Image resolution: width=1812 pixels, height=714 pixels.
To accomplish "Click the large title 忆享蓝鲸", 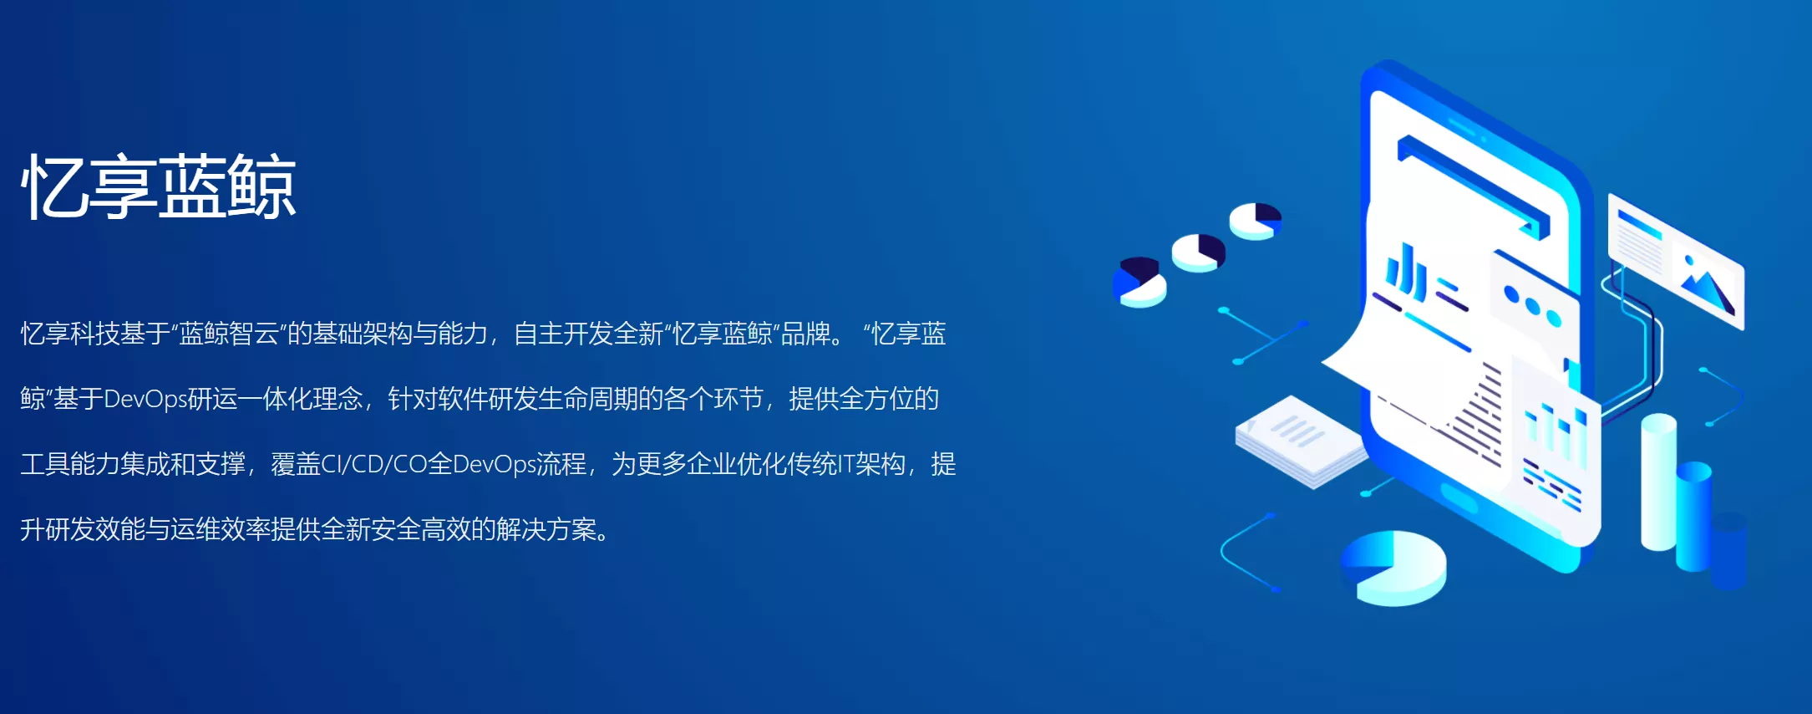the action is pyautogui.click(x=159, y=186).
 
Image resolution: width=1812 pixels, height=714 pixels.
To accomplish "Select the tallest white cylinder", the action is pyautogui.click(x=1658, y=482).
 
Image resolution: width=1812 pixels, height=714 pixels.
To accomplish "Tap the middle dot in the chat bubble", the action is pyautogui.click(x=1532, y=305).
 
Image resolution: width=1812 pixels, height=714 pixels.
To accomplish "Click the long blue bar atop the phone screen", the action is pyautogui.click(x=1473, y=186).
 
